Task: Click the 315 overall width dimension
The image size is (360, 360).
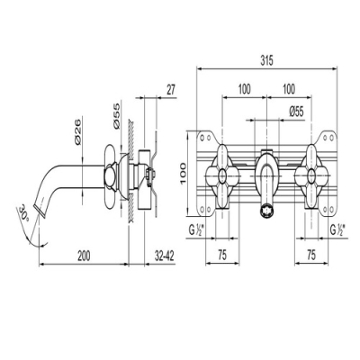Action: coord(266,61)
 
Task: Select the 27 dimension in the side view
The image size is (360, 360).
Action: coord(170,90)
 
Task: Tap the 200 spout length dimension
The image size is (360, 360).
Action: coord(84,256)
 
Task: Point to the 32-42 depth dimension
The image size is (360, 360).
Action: coord(165,256)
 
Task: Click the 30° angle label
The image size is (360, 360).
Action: coord(24,213)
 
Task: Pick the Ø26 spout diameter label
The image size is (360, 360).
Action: coord(77,131)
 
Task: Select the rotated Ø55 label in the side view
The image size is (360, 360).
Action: coord(116,116)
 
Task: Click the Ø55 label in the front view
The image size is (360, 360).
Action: coord(296,112)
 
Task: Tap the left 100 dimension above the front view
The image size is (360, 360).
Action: coord(245,89)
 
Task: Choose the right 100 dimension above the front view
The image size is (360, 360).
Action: coord(289,89)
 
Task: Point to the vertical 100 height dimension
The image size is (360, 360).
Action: coord(183,175)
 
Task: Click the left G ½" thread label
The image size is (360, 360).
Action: coord(196,230)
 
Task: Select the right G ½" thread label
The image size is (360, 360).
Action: coord(337,230)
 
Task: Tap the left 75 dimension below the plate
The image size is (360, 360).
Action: coord(222,256)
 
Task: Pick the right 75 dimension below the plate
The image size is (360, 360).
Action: coord(311,256)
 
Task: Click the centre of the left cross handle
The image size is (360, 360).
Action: coord(222,175)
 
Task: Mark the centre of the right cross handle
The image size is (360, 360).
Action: coord(311,175)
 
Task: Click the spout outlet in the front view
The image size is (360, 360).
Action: coord(266,211)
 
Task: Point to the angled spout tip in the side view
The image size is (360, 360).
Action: coord(40,209)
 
